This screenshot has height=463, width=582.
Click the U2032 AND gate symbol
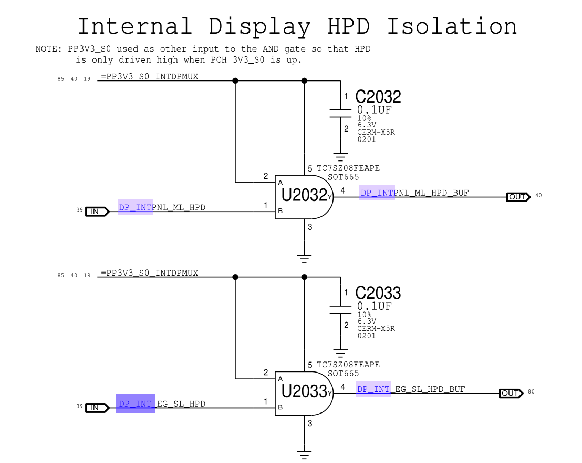coord(304,196)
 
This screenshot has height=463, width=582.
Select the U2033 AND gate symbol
coord(304,392)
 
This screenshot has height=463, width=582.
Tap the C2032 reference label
coord(378,97)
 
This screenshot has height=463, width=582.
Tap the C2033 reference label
coord(378,293)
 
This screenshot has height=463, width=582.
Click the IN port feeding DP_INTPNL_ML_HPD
coord(97,212)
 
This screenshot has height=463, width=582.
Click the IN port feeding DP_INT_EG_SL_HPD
coord(97,408)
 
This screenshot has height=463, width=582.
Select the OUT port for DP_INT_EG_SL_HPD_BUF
coord(511,393)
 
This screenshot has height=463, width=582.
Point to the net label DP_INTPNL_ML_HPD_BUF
coord(414,193)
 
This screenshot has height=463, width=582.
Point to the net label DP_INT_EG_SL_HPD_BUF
coord(411,389)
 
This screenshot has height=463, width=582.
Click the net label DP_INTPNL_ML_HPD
coord(162,208)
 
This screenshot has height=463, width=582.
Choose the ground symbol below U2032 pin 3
coord(304,258)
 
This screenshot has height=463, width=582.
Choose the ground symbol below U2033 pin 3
coord(304,454)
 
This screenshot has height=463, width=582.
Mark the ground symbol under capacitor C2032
coord(341,156)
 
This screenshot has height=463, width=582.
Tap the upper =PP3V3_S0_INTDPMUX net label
coord(149,77)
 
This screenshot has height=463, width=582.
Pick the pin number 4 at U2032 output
coord(342,190)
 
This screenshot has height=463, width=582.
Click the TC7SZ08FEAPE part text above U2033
coord(348,365)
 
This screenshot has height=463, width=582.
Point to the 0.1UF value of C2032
coord(374,110)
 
